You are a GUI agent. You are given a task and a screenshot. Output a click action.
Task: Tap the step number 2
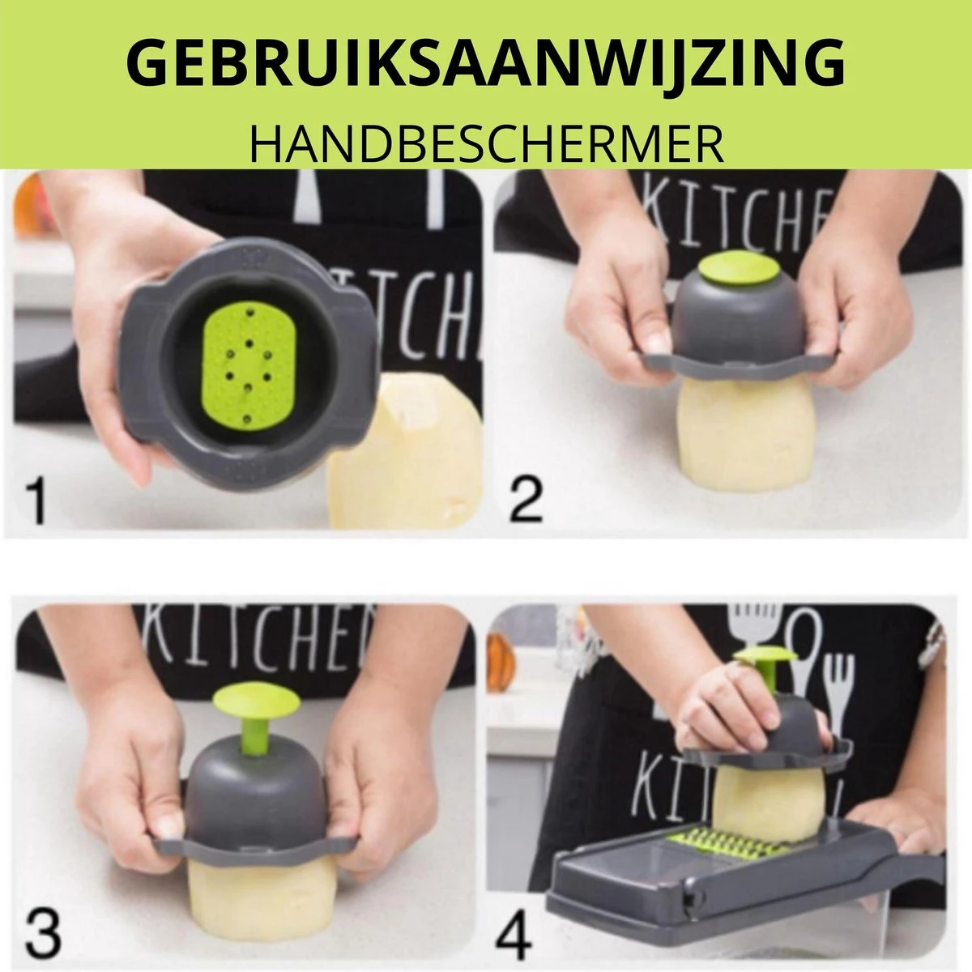click(526, 500)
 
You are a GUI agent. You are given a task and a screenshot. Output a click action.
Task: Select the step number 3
click(42, 932)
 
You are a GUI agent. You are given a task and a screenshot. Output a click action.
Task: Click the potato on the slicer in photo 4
click(753, 802)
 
